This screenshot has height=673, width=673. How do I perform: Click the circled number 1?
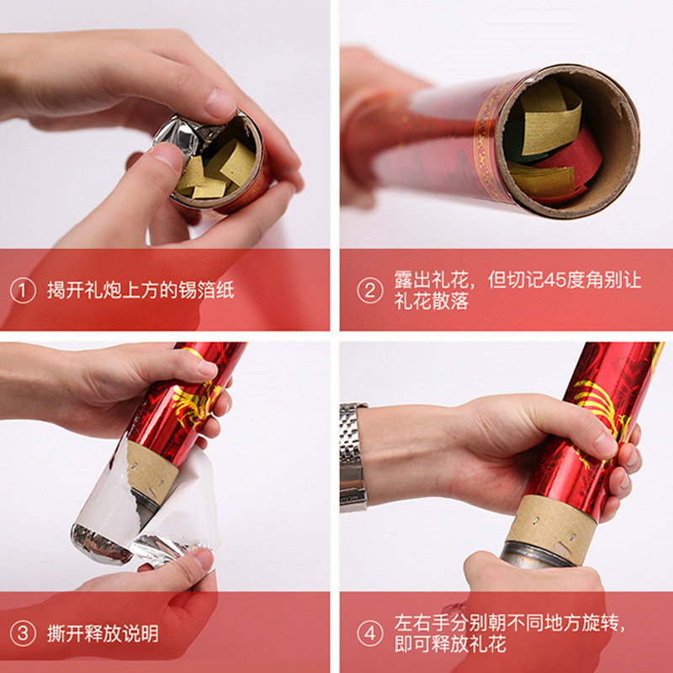(x=23, y=290)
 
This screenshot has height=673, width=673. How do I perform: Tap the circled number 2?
(x=369, y=290)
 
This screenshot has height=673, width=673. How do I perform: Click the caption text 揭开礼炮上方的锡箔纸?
(x=140, y=290)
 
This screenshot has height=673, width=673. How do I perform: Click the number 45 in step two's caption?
(x=555, y=280)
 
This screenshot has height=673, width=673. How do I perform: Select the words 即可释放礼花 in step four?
(x=450, y=644)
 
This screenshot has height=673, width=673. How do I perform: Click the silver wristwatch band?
(x=352, y=458)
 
